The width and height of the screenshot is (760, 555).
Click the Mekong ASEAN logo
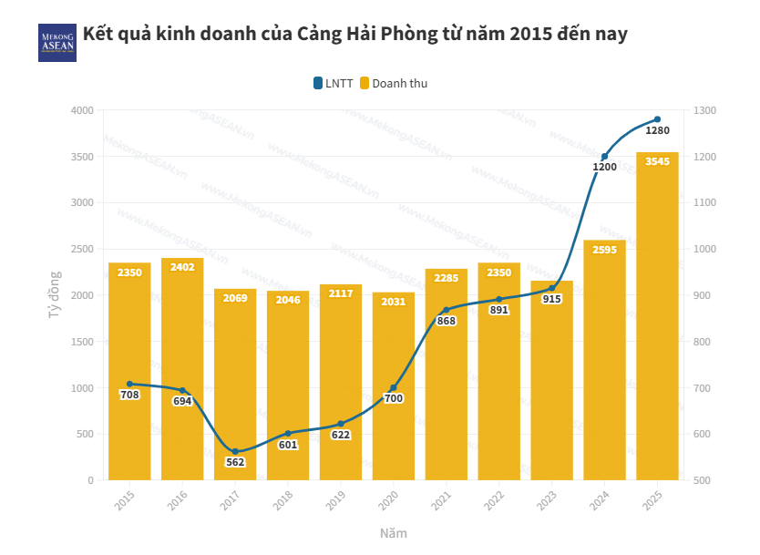56,42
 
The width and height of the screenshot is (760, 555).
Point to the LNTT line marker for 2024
604,157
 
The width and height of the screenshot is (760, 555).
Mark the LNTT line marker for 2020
394,388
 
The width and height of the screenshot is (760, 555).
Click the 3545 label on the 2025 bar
657,162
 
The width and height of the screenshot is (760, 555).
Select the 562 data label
235,462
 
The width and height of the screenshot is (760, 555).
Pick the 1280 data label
657,130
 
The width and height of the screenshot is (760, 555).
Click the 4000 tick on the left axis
82,110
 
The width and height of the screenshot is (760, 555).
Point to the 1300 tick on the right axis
704,110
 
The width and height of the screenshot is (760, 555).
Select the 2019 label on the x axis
336,499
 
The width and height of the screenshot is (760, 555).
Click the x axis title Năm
394,533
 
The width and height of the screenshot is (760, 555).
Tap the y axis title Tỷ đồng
54,295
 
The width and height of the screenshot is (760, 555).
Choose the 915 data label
551,299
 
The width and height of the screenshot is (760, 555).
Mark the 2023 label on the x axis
548,499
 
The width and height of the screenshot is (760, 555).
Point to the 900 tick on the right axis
702,295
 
